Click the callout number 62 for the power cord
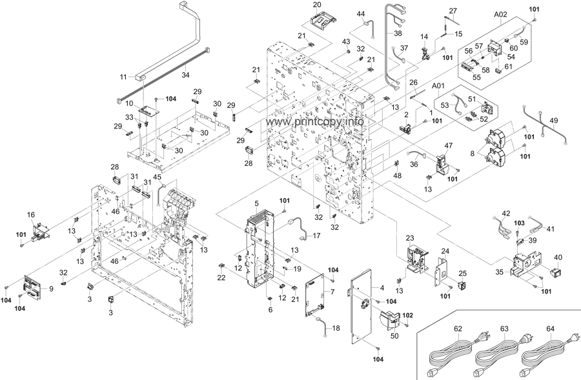pyautogui.click(x=458, y=330)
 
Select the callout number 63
pyautogui.click(x=505, y=330)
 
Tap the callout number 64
pyautogui.click(x=551, y=330)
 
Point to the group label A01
pyautogui.click(x=439, y=86)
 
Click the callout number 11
pyautogui.click(x=123, y=77)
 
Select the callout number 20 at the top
pyautogui.click(x=317, y=5)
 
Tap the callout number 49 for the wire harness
pyautogui.click(x=553, y=121)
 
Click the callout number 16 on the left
pyautogui.click(x=30, y=214)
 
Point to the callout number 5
pyautogui.click(x=256, y=204)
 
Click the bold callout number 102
pyautogui.click(x=407, y=315)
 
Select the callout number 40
pyautogui.click(x=558, y=257)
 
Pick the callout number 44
pyautogui.click(x=360, y=14)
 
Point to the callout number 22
pyautogui.click(x=221, y=277)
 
